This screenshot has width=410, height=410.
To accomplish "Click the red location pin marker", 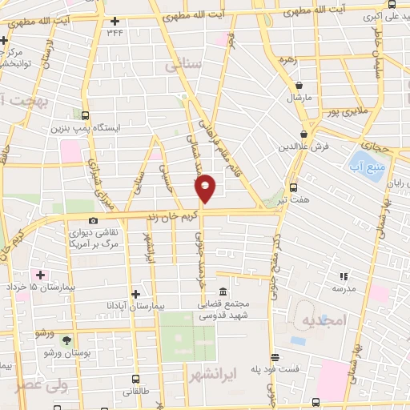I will click(x=205, y=188).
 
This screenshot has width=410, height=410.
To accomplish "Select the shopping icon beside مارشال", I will click(x=299, y=85).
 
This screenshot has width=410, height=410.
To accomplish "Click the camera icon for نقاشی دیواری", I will click(x=94, y=220).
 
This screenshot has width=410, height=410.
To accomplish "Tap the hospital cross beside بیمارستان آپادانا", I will click(x=135, y=294).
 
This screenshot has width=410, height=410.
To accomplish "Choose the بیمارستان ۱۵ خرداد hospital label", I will click(x=32, y=286).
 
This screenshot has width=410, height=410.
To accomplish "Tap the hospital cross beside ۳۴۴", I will click(x=115, y=21).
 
